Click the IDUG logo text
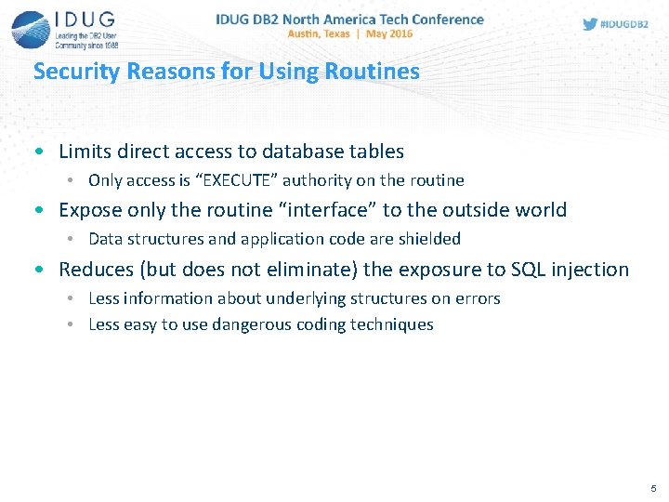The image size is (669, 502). tap(85, 21)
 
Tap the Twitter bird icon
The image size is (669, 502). tap(590, 24)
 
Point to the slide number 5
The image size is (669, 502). tap(653, 488)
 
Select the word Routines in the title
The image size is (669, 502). tap(377, 72)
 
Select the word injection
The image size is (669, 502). tap(589, 270)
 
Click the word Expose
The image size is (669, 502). tap(88, 210)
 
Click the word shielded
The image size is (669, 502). tap(430, 239)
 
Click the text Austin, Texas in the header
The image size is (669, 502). tap(318, 33)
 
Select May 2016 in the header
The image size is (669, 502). tap(390, 33)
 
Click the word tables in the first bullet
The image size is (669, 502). tap(378, 151)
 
